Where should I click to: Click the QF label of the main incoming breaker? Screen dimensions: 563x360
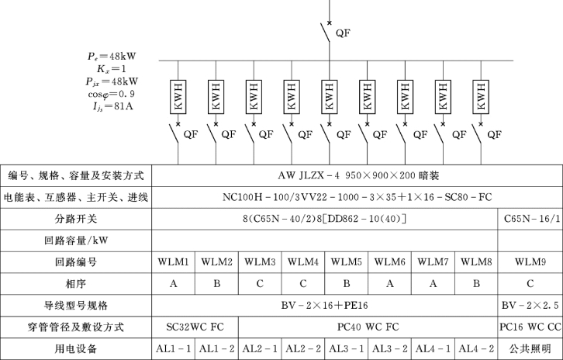[343, 33]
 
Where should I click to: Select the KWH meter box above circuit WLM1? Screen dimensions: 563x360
[178, 97]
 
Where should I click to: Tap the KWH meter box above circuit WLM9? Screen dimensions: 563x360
[481, 97]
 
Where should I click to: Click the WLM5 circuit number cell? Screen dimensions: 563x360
[346, 262]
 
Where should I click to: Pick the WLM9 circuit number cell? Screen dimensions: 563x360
[530, 262]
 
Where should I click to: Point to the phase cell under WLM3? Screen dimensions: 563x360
[260, 284]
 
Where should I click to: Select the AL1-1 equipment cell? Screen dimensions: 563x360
[174, 348]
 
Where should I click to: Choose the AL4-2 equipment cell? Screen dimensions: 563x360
[476, 348]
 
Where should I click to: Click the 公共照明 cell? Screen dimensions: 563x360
[530, 348]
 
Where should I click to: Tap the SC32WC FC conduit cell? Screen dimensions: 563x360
[195, 327]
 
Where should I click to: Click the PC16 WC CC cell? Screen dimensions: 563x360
[530, 327]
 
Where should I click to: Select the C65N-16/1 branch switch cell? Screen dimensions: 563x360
[530, 219]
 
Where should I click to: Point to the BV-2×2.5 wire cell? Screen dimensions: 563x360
[530, 306]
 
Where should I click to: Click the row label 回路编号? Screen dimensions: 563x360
[76, 262]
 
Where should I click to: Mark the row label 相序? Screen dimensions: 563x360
[76, 284]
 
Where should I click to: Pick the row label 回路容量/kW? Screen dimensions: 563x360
[76, 241]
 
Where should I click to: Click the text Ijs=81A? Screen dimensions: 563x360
[113, 107]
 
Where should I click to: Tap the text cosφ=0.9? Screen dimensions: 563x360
[112, 94]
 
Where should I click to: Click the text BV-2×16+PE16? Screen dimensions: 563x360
[325, 306]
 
